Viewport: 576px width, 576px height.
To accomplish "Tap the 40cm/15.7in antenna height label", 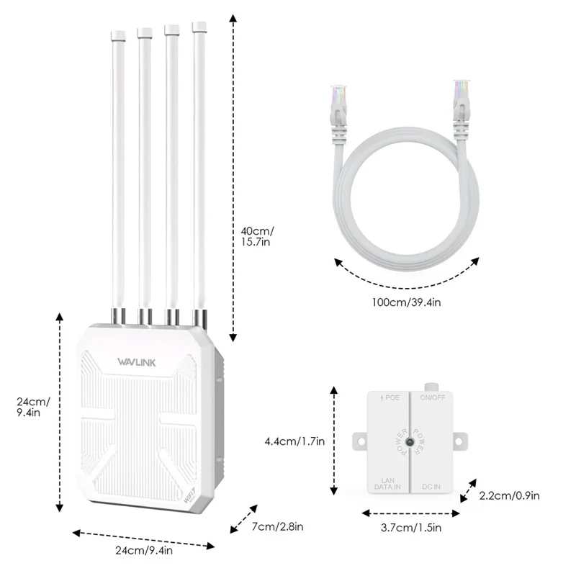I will coord(258,237).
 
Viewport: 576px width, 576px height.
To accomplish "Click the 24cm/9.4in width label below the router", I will coord(143,552).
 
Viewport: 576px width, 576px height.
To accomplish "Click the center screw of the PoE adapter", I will coord(409,442).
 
